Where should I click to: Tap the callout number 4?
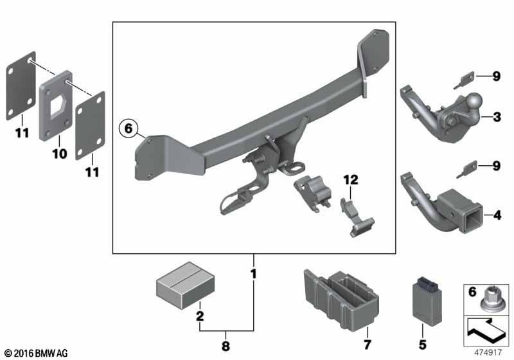[497, 215]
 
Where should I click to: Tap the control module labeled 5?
[425, 303]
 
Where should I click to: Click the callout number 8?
[225, 346]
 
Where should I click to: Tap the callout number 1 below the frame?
[254, 274]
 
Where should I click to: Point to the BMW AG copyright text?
[35, 353]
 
